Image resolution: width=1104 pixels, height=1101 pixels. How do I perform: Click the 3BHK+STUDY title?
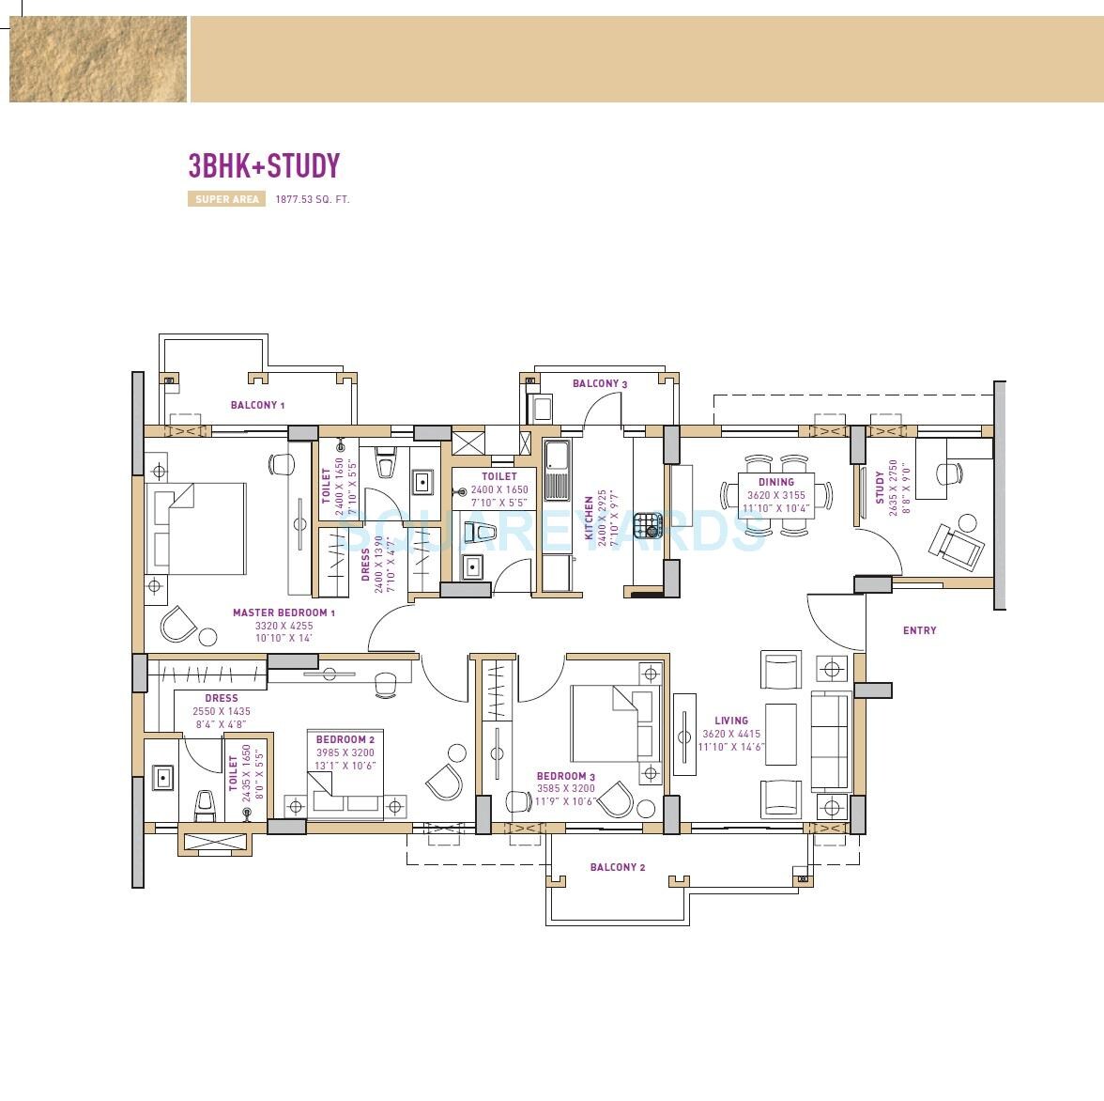point(264,166)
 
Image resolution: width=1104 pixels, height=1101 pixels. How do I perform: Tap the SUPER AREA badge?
point(227,199)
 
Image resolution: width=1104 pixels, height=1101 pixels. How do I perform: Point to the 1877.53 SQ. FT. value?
point(312,199)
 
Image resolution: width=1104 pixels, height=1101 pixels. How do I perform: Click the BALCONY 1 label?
point(257,405)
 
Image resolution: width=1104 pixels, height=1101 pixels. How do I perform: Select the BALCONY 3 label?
point(600,383)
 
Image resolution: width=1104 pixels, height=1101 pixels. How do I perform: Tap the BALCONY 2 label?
point(618,867)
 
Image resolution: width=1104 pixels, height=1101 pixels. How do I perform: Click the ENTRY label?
point(919,630)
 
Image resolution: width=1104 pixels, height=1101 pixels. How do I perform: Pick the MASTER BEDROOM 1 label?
point(284,613)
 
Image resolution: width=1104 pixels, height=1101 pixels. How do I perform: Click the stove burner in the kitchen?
point(647,523)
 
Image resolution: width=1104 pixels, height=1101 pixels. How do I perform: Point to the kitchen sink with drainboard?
point(557,471)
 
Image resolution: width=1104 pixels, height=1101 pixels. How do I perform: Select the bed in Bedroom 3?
point(616,723)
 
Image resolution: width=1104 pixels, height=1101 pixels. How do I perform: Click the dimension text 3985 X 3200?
point(345,752)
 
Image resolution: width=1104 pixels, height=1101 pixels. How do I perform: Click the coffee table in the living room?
point(780,734)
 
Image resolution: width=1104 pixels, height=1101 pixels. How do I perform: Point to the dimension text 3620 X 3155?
point(775,495)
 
